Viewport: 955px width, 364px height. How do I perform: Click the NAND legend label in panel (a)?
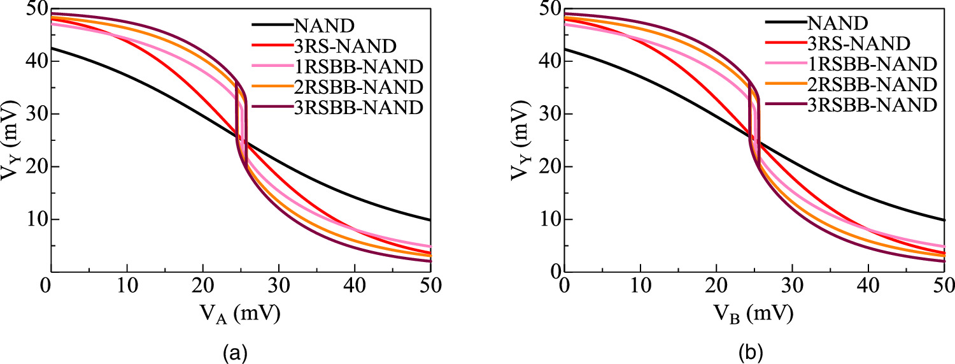point(324,25)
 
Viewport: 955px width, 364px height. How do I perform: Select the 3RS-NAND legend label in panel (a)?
point(345,46)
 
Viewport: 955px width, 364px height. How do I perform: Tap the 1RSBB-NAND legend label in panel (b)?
point(872,64)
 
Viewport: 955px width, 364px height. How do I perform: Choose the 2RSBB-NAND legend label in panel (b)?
point(872,85)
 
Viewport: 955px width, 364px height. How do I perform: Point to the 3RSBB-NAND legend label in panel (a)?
point(358,108)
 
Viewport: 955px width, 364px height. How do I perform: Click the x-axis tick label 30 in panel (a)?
point(279,286)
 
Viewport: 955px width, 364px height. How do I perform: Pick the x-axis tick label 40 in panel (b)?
point(868,286)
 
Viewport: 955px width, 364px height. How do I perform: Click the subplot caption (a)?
point(236,353)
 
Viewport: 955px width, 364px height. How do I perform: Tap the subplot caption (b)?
point(751,353)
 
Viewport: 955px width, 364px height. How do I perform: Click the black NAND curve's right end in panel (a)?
point(430,220)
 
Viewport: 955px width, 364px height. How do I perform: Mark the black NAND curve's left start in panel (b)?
point(565,49)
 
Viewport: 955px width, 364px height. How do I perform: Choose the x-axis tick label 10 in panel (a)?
point(127,286)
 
